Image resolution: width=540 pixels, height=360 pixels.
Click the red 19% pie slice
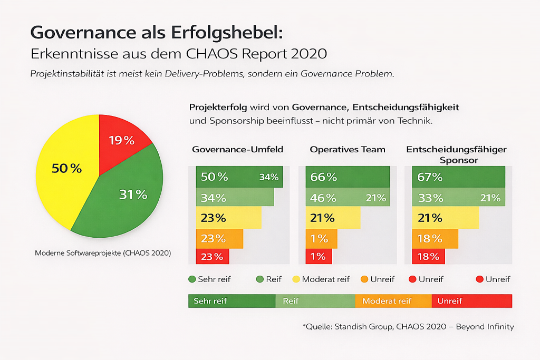pos(123,141)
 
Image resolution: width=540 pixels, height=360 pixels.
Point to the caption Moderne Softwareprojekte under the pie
pos(103,253)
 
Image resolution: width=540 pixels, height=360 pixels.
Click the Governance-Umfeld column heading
pos(237,149)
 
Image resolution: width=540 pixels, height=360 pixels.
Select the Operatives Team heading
pos(348,149)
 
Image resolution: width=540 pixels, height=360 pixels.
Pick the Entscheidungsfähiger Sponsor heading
pos(457,154)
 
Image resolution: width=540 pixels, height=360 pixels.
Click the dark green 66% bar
pos(348,177)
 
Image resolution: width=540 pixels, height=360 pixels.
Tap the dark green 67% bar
pos(457,177)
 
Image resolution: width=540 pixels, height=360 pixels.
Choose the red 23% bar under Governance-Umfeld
pos(213,257)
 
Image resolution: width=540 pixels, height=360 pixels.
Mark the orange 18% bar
pos(431,238)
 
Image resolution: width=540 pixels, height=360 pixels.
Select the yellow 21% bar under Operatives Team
pos(333,218)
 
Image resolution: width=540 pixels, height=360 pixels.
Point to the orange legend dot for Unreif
pos(363,279)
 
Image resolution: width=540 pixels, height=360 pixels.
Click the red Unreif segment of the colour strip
pos(471,301)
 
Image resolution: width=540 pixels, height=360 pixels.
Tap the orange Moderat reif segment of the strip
pos(393,301)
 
